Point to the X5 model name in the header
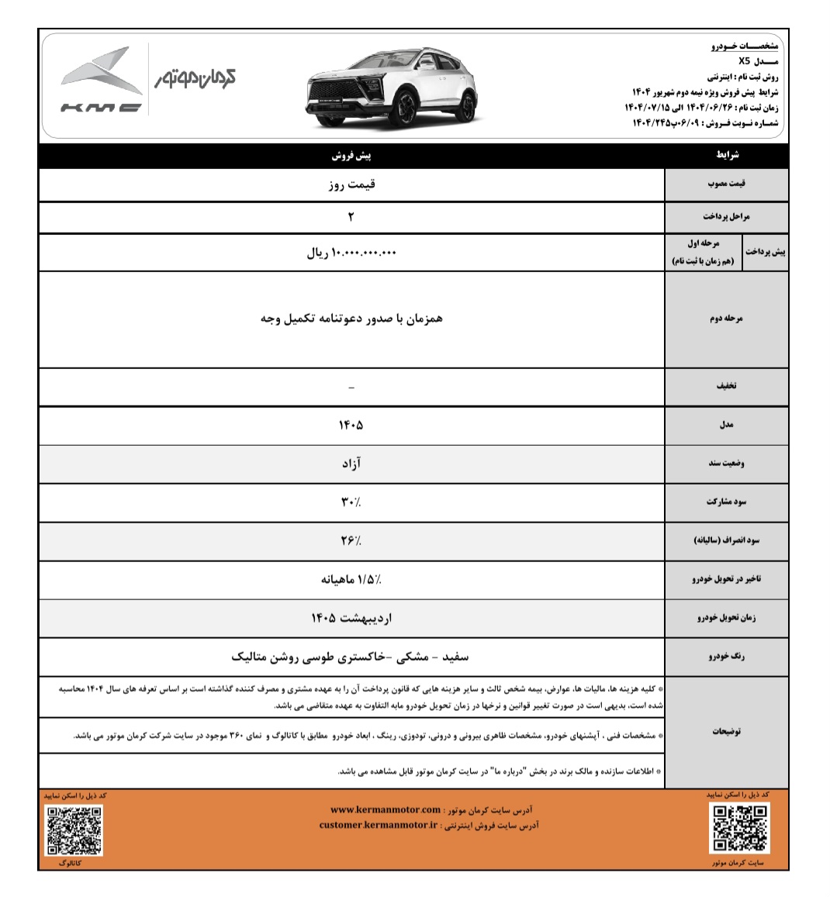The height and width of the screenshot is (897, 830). coord(744,60)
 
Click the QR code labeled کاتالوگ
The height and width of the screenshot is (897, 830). coord(74,830)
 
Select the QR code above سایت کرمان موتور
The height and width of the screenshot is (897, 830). coord(739,826)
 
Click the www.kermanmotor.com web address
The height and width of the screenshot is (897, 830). coord(386,809)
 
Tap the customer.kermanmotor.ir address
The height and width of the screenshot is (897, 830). coord(378,825)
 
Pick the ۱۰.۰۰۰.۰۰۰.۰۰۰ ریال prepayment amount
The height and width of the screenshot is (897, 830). coord(351,253)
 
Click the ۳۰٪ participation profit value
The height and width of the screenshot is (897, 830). coord(351,502)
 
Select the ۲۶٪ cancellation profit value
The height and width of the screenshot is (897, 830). coord(351,540)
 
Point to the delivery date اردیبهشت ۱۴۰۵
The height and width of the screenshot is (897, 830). coord(351,618)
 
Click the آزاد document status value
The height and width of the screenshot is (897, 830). coord(351,464)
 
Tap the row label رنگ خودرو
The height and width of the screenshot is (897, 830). coord(726,657)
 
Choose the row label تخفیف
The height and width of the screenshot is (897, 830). coord(726,385)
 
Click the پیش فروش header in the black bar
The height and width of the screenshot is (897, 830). coord(351,156)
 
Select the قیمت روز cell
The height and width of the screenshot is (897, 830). coord(351,185)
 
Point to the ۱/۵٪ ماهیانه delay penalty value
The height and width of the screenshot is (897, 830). coord(351,579)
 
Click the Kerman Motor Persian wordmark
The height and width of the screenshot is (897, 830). coord(194,78)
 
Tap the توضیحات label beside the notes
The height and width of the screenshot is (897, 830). coord(726,731)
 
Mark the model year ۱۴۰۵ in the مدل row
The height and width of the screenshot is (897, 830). coord(351,425)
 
